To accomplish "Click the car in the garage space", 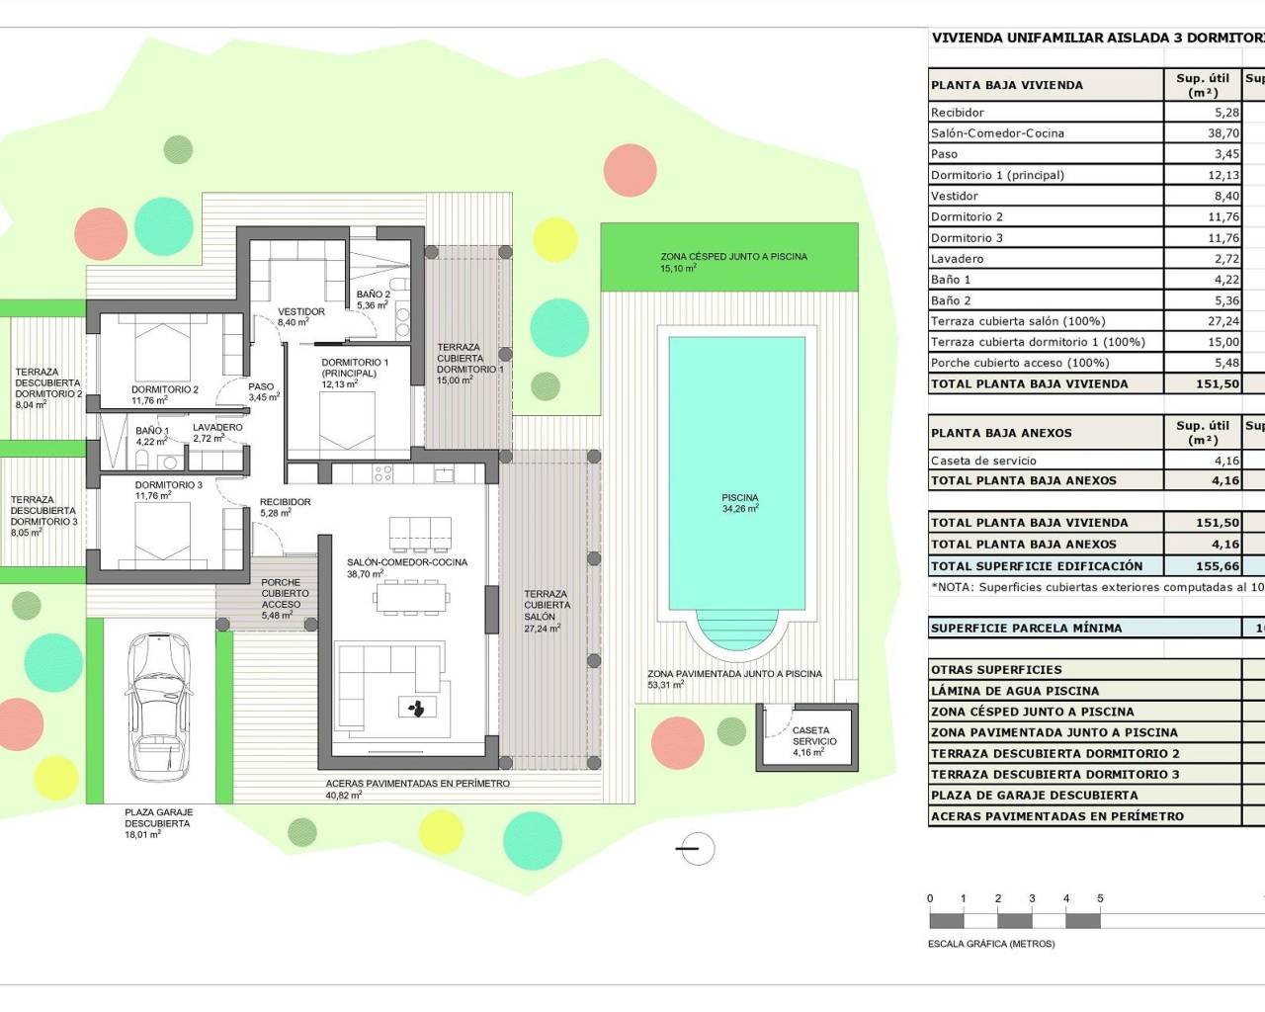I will [x=159, y=706].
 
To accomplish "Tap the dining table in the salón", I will [x=410, y=596].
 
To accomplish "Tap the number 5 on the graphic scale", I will [x=1100, y=898].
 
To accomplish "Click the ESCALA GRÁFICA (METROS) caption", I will [x=991, y=944].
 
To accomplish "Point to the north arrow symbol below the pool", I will [x=697, y=849].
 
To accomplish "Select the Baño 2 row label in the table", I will [x=951, y=300].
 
